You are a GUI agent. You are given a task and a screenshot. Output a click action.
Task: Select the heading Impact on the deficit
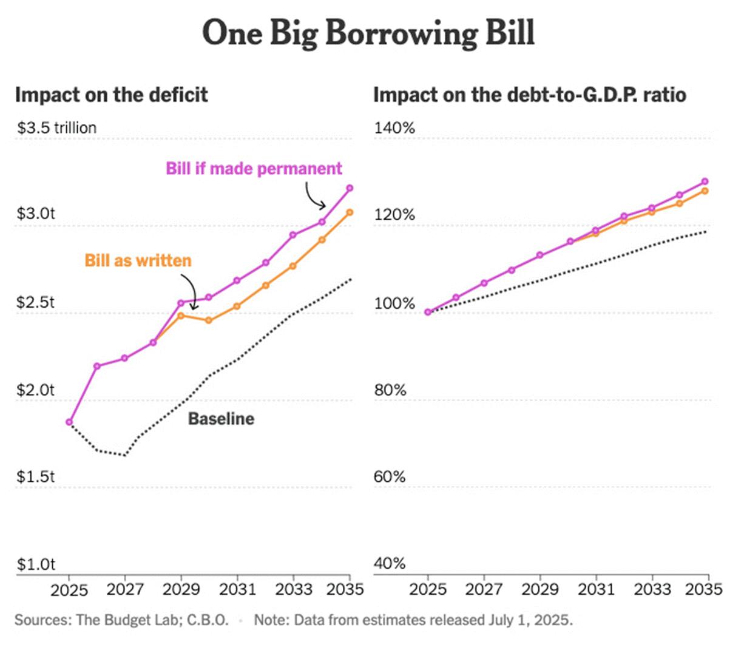[x=111, y=95]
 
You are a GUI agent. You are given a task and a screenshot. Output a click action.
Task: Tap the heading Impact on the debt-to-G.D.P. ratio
[x=529, y=95]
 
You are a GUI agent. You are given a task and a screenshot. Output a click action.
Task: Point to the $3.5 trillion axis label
[x=56, y=128]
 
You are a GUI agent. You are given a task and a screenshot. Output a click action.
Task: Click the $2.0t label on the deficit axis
[x=35, y=390]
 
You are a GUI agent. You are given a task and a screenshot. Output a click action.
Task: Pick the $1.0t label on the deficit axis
[x=35, y=564]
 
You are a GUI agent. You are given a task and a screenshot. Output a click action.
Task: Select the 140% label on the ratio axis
[x=394, y=128]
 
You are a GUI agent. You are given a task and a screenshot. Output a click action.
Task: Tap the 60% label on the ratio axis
[x=389, y=477]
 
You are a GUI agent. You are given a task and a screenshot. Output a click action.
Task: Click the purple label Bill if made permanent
[x=254, y=169]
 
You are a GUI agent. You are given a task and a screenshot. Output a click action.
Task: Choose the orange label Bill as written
[x=138, y=261]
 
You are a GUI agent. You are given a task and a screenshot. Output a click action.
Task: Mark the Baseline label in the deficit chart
[x=221, y=419]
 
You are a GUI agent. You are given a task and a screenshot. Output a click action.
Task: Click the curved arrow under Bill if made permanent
[x=314, y=196]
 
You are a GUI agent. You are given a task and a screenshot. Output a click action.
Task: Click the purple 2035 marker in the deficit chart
[x=350, y=188]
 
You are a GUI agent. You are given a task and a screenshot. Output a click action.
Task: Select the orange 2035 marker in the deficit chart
[x=350, y=212]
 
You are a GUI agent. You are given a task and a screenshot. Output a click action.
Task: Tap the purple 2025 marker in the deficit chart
[x=69, y=422]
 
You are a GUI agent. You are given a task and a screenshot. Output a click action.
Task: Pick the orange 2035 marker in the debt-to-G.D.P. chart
[x=705, y=191]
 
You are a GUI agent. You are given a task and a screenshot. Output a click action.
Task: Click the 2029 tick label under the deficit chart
[x=181, y=589]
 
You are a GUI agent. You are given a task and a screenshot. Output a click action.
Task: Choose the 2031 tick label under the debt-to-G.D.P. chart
[x=596, y=589]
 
